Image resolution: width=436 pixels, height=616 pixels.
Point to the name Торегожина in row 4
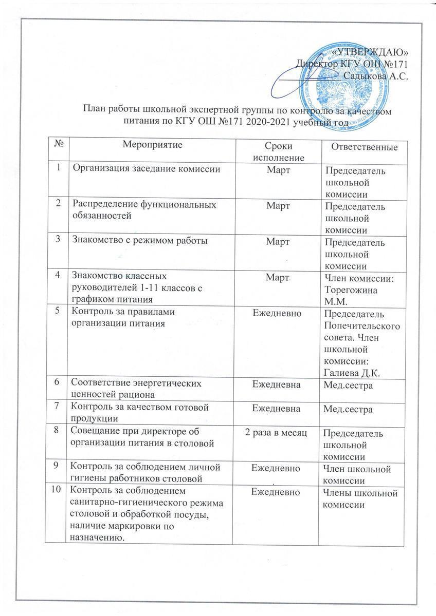(350, 290)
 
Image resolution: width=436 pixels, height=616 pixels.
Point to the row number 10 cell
(62, 492)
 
